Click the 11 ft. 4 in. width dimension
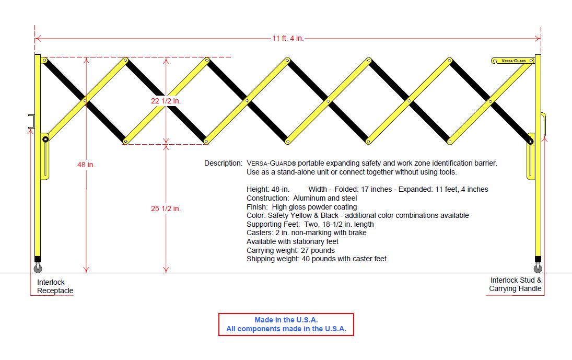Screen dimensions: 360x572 click(288, 38)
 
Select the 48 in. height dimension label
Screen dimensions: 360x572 click(86, 165)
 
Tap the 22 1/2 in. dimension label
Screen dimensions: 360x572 click(166, 101)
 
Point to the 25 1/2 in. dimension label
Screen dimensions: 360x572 click(166, 208)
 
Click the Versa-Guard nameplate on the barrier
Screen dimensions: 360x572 click(513, 61)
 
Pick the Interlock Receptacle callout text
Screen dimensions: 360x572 click(55, 286)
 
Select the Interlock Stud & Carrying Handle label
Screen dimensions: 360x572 click(515, 284)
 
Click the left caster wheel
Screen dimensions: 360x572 click(38, 269)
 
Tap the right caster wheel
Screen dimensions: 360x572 click(538, 269)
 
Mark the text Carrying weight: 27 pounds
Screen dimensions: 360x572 click(290, 250)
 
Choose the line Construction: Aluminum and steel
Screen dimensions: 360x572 click(302, 198)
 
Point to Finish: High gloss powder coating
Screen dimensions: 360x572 click(301, 207)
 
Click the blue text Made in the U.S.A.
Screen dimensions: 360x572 click(286, 320)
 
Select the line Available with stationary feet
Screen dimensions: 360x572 click(293, 241)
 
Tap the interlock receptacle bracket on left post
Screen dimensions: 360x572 click(31, 121)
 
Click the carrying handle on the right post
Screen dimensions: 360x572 click(544, 124)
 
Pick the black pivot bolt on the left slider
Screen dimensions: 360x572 click(45, 139)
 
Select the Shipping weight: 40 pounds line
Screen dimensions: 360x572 click(317, 259)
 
